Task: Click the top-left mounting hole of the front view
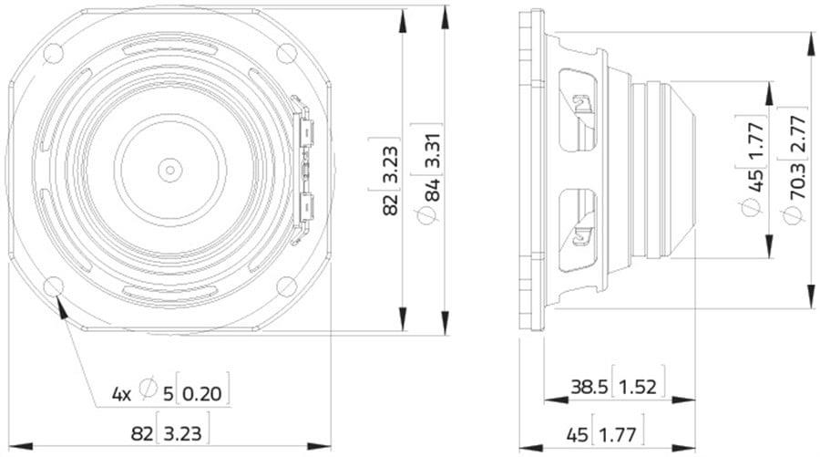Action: [x=54, y=53]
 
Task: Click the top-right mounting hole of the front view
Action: [x=287, y=53]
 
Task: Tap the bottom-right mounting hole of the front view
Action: [x=287, y=286]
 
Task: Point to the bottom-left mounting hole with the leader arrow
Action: [x=54, y=286]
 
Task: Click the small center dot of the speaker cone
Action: [x=170, y=170]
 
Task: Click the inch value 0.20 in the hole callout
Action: [x=202, y=392]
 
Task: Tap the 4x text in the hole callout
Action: [x=121, y=394]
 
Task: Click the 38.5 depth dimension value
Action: [x=589, y=387]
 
